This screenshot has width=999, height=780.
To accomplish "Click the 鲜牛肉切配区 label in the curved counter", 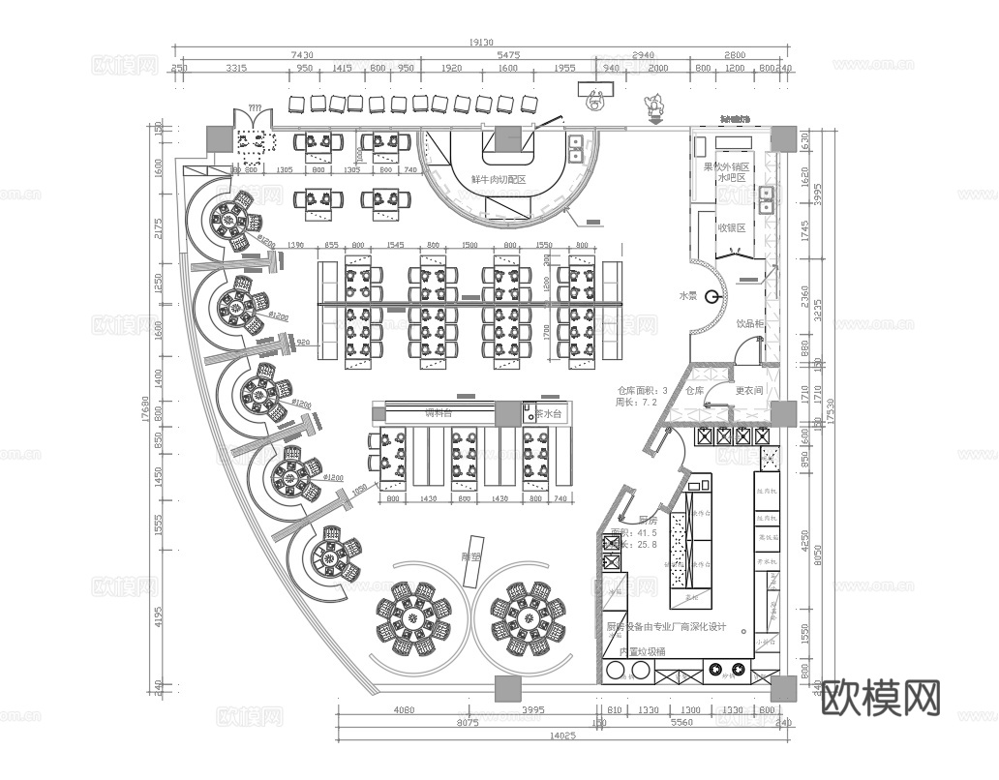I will coord(498,180).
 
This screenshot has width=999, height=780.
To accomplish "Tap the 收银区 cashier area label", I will coord(731,228).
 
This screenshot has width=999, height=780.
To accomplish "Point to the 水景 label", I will coord(687,296).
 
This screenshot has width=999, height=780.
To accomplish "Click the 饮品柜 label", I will coord(750,324).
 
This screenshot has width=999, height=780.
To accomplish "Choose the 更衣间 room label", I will coord(749,391).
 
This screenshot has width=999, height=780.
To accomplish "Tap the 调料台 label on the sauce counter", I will coord(439,413).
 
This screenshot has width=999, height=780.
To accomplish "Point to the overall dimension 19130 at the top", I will coord(481,43).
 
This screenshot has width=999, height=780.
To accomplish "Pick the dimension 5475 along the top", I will coord(509,56).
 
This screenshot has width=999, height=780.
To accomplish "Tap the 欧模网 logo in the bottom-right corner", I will coord(881,699).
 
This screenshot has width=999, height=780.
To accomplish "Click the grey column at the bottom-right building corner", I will coord(783,688).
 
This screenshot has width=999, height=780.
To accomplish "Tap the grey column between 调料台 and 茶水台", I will coord(507,413).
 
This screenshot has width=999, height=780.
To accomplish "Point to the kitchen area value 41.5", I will coord(646,533).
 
